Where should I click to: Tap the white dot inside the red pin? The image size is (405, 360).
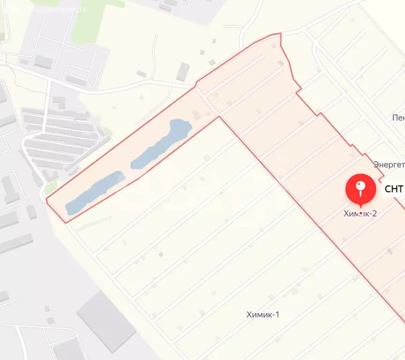coord(360,186)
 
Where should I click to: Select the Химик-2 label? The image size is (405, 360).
coord(360,214)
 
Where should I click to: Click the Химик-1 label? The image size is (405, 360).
coord(263,315)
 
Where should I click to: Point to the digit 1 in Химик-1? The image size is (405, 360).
coord(277,315)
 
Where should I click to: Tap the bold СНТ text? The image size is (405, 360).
coord(394,189)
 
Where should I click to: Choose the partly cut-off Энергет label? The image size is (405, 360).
coord(389,165)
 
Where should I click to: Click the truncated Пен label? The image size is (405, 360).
coord(398,117)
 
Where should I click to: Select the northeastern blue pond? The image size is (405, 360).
coord(162,142)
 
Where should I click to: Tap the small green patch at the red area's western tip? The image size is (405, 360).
coord(51,187)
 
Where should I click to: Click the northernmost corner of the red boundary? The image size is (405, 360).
coord(280,33)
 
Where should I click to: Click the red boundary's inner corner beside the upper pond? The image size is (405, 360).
coord(219,117)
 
